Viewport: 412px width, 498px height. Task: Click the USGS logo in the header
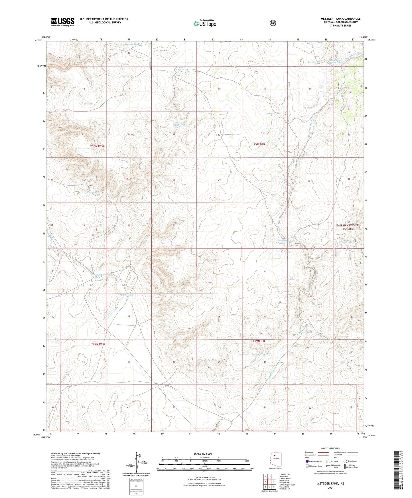pos(63,22)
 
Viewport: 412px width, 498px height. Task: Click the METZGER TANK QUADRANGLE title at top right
pos(340,19)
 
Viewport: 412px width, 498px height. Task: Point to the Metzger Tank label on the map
pos(273,114)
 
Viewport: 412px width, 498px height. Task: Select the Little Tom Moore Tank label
pos(180,124)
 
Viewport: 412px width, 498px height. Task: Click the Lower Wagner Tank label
pos(182,68)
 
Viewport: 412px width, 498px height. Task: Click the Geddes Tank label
pos(286,240)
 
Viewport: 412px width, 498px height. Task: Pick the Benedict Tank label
pos(259,354)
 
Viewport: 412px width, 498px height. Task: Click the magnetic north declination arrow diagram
pos(139,462)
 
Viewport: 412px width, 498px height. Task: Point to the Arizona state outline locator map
pos(275,460)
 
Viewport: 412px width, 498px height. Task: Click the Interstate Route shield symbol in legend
pos(307,461)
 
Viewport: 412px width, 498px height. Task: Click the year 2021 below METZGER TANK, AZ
pos(330,487)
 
